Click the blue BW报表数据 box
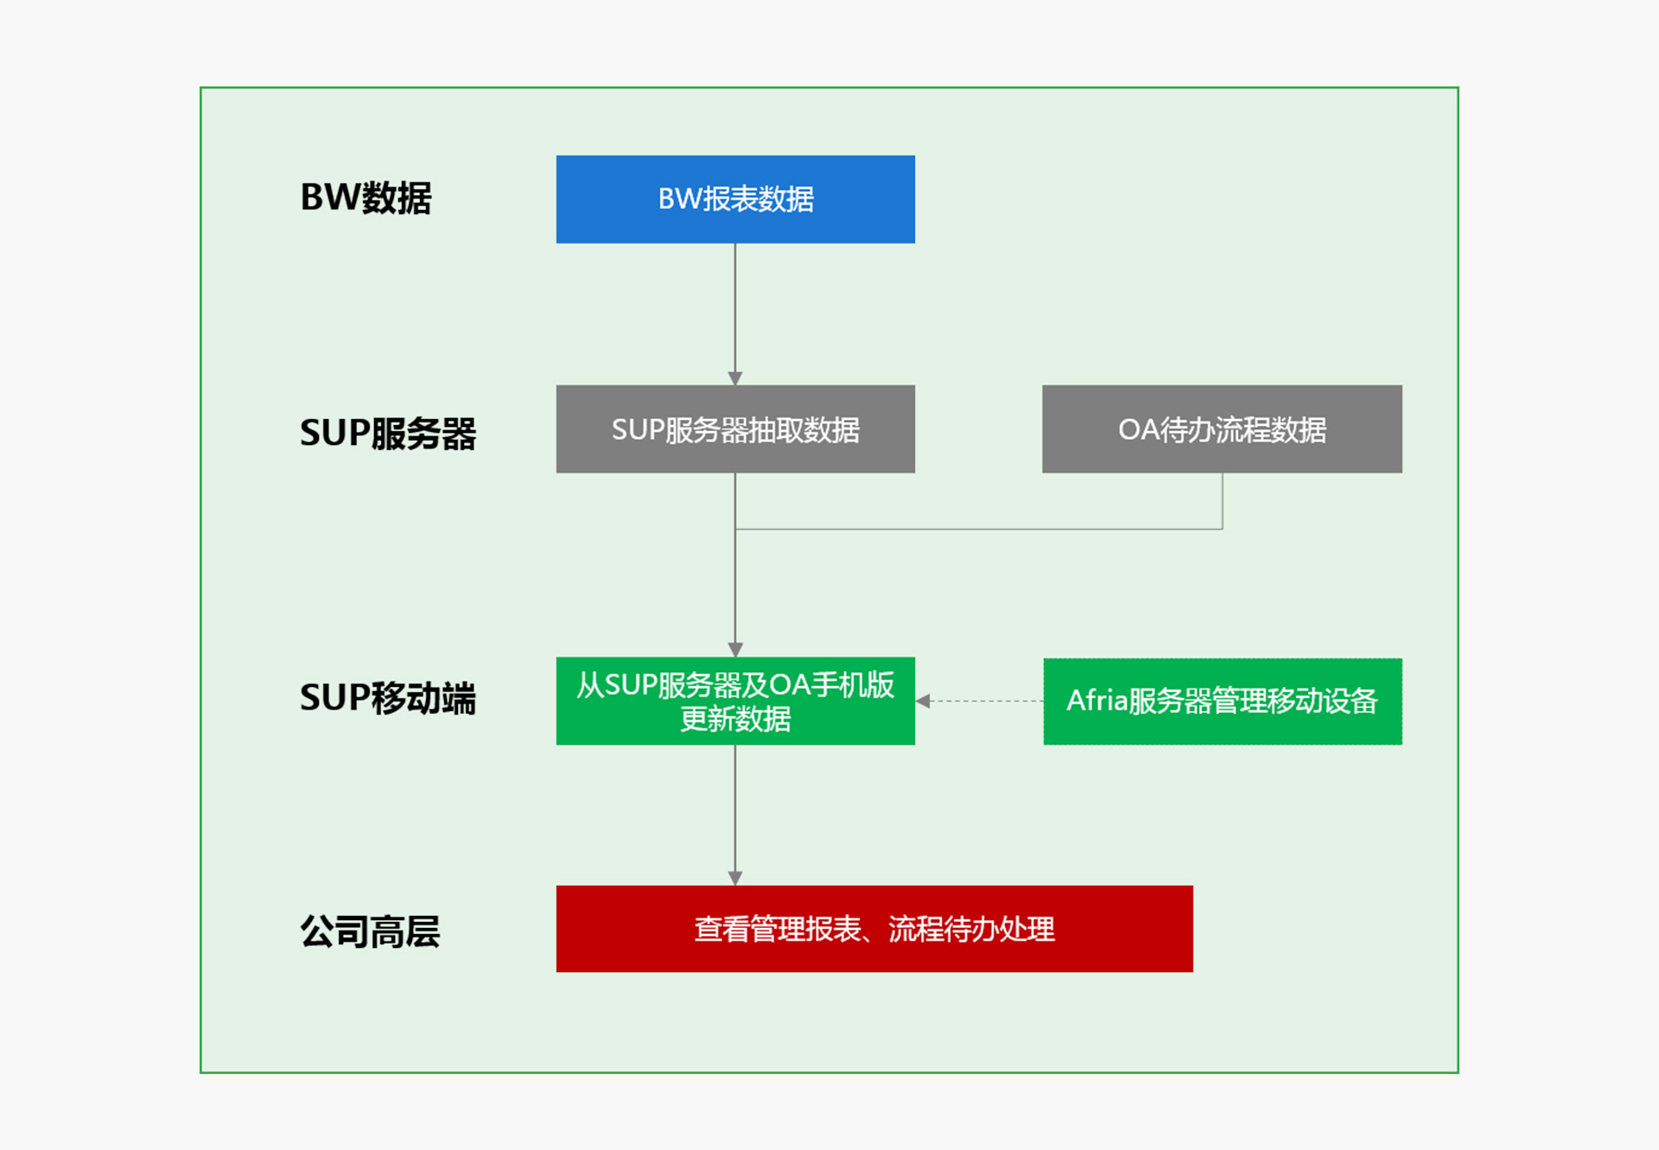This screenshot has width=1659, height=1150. pyautogui.click(x=735, y=200)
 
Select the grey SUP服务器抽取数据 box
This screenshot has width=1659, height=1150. pyautogui.click(x=735, y=429)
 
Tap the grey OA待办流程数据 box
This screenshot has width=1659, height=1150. pyautogui.click(x=1222, y=429)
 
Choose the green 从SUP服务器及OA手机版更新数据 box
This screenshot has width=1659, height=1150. pyautogui.click(x=735, y=701)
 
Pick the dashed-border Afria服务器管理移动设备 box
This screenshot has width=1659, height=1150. pyautogui.click(x=1222, y=701)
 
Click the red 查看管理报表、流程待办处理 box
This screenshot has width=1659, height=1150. pyautogui.click(x=874, y=929)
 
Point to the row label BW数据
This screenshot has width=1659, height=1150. pyautogui.click(x=365, y=198)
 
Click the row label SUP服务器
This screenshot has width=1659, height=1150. pyautogui.click(x=388, y=433)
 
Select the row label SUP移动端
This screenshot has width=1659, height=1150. pyautogui.click(x=388, y=697)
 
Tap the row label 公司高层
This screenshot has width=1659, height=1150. pyautogui.click(x=370, y=931)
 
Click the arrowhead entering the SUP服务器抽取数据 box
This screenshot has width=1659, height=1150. pyautogui.click(x=735, y=378)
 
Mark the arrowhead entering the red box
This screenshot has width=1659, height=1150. pyautogui.click(x=735, y=878)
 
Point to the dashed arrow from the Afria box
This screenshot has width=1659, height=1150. pyautogui.click(x=981, y=701)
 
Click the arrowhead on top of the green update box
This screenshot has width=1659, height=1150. pyautogui.click(x=735, y=650)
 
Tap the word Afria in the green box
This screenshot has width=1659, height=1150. pyautogui.click(x=1096, y=701)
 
